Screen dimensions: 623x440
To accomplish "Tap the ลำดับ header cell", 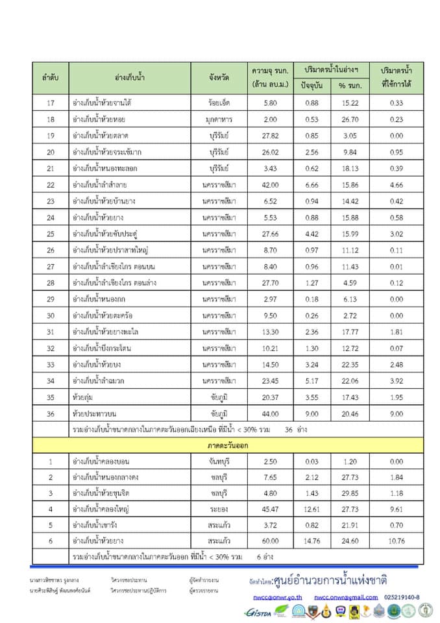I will [x=51, y=77].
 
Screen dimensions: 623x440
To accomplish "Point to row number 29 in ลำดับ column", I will [x=51, y=299].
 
